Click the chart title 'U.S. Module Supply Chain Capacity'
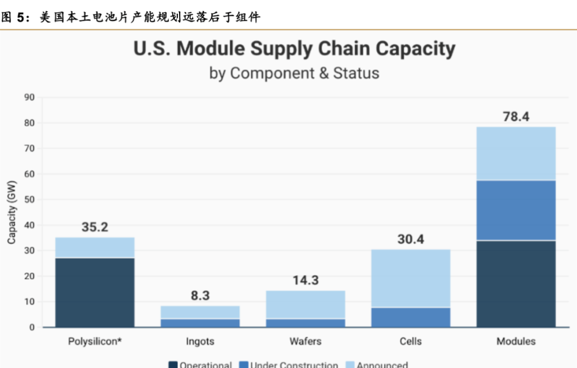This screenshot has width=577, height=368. (294, 49)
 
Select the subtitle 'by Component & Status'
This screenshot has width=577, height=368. (294, 73)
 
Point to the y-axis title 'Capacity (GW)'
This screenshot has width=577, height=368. (12, 212)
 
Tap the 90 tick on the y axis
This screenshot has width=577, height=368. (30, 97)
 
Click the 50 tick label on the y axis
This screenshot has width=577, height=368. (30, 200)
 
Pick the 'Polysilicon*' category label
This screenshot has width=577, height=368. (95, 341)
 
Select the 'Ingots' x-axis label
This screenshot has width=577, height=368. (200, 341)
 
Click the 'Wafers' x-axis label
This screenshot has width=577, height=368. (305, 341)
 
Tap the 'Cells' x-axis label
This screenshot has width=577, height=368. (410, 341)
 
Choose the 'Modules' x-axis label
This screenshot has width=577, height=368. (516, 341)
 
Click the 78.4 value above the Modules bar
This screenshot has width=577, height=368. (516, 117)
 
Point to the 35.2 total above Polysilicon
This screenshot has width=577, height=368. (95, 228)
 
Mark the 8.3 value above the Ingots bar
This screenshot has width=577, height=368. (200, 296)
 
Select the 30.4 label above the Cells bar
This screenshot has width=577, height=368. (410, 239)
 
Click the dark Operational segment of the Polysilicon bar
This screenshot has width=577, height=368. (95, 292)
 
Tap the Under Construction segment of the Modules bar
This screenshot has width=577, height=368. (516, 210)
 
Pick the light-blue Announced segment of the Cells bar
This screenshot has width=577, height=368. (410, 278)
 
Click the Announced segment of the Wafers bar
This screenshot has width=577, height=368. (305, 304)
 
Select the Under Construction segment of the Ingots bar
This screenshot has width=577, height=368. (200, 322)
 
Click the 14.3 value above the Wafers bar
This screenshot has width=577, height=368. (305, 280)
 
